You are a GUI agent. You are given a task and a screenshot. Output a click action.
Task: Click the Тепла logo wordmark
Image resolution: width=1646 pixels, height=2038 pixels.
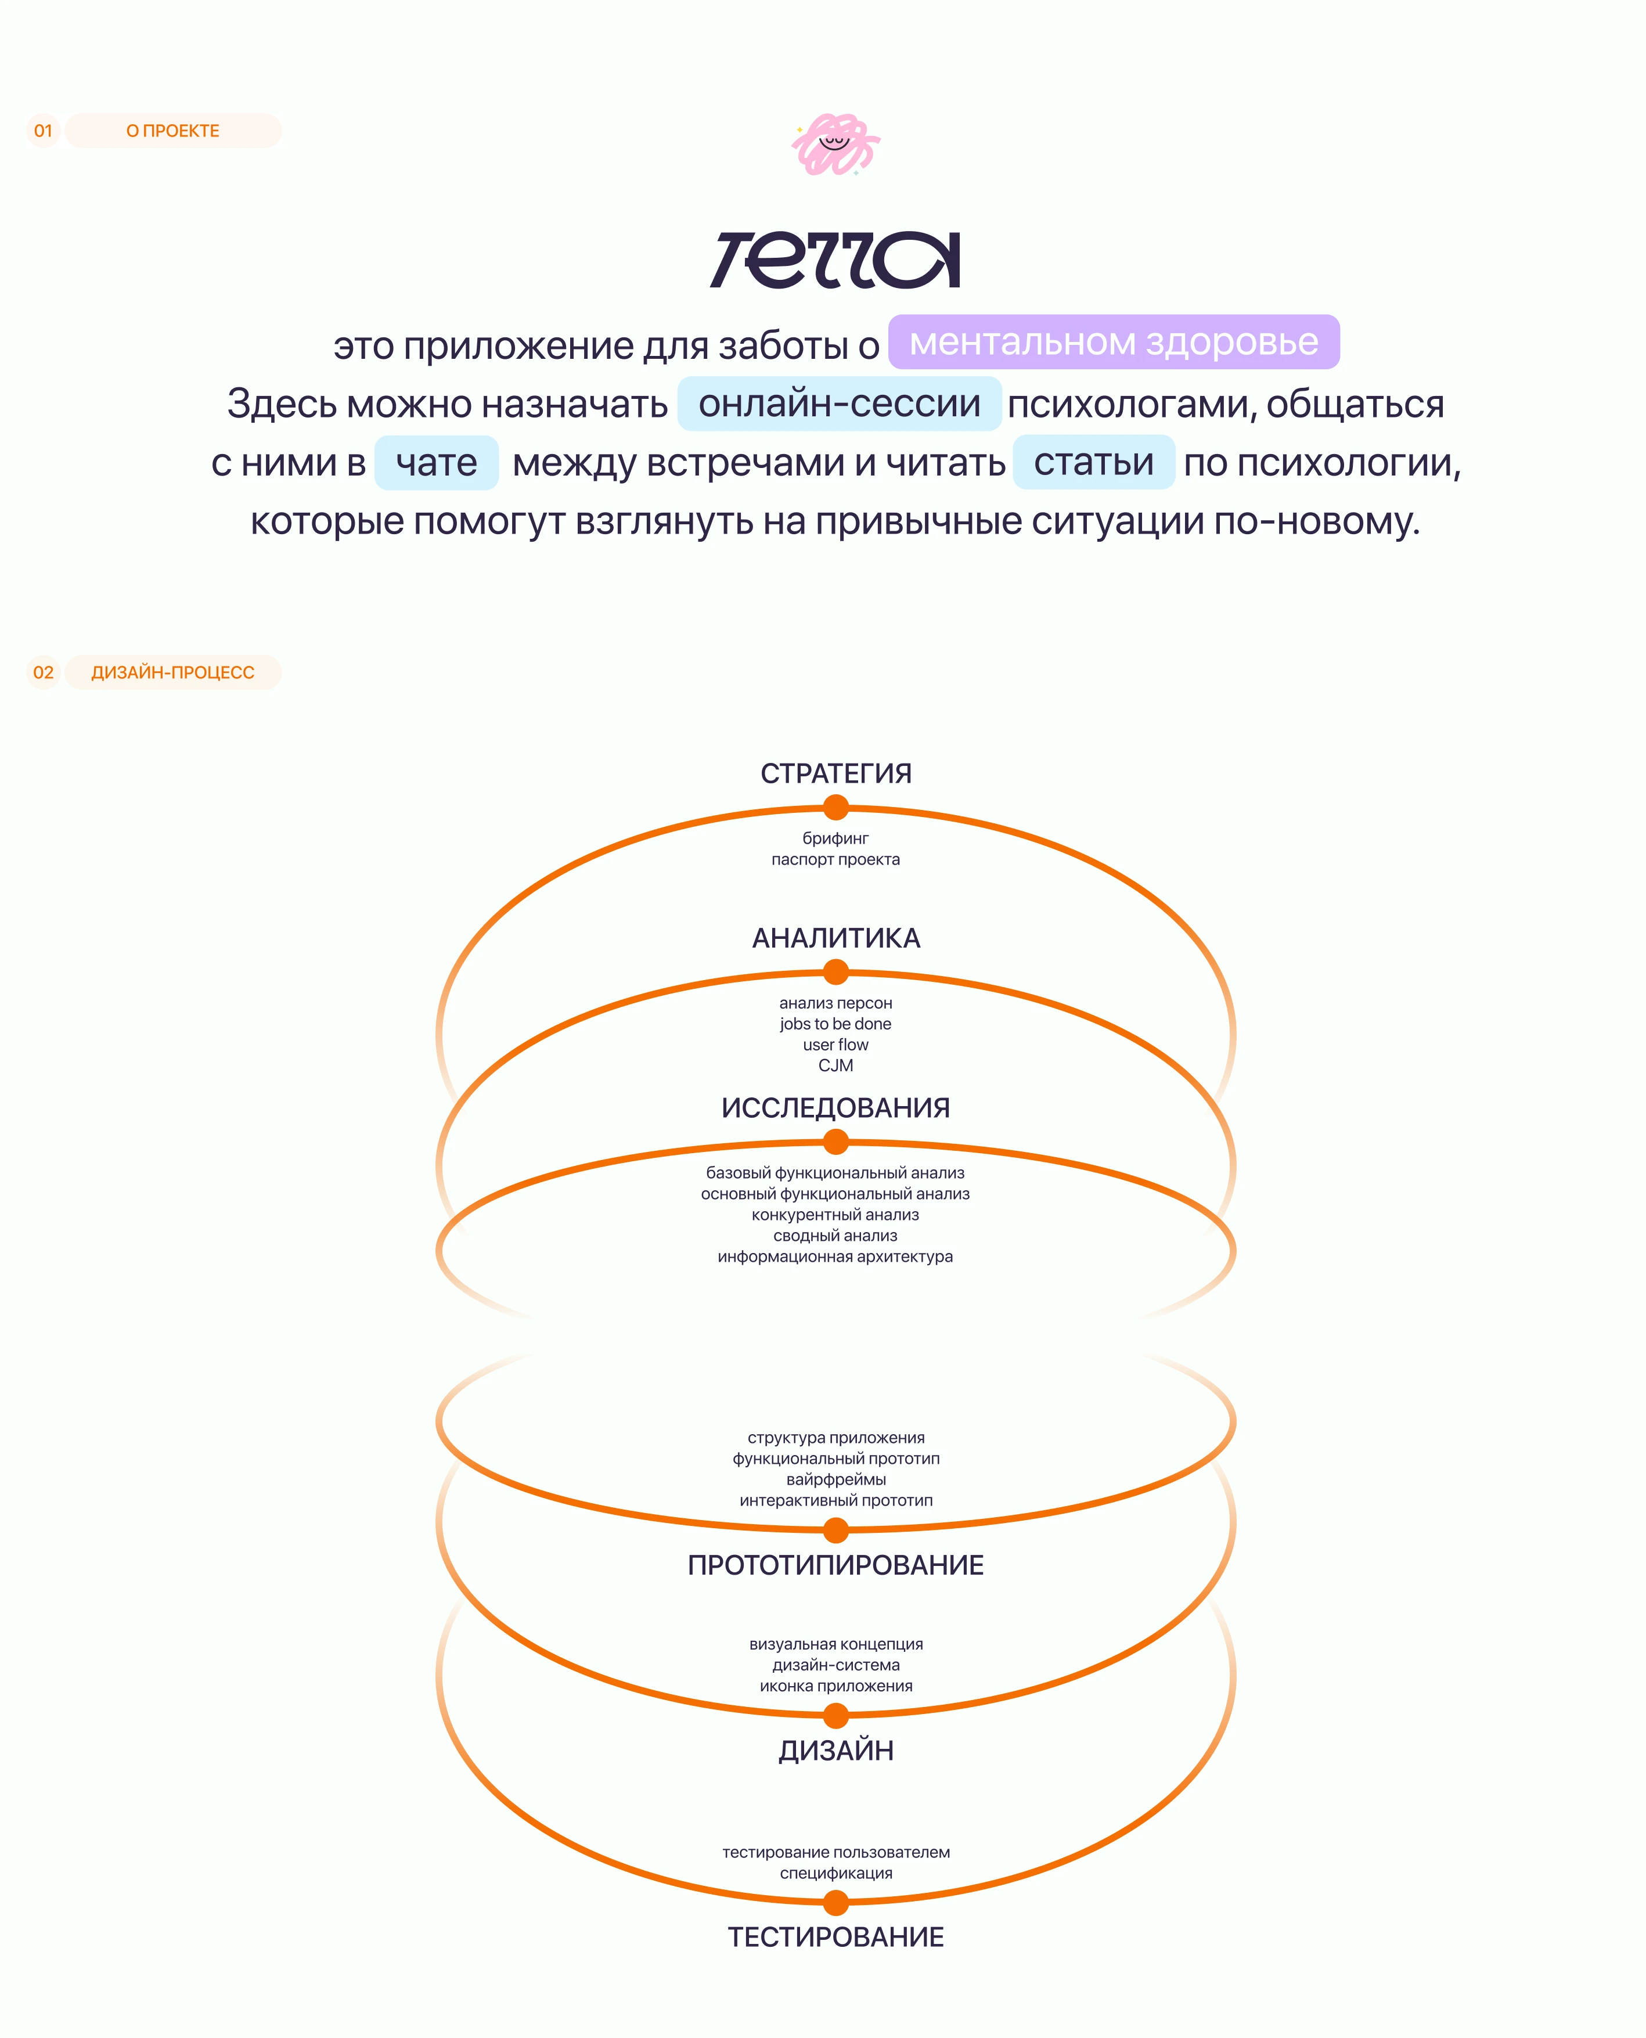click(835, 260)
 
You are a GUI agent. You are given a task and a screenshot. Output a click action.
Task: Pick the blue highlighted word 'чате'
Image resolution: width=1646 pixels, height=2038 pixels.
click(436, 463)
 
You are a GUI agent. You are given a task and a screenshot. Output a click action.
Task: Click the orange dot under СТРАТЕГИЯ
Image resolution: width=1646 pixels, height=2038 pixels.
click(835, 808)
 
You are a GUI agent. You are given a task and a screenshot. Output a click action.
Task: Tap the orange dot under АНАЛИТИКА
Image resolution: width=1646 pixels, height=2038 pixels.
click(835, 972)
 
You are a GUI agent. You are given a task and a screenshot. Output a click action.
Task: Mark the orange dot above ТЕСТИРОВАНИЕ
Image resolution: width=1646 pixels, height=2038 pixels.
click(835, 1902)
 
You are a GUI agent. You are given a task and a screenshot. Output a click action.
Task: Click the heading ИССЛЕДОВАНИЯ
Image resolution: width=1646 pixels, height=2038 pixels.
click(835, 1108)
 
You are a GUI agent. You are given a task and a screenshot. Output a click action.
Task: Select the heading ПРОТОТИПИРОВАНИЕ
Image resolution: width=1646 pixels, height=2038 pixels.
click(835, 1565)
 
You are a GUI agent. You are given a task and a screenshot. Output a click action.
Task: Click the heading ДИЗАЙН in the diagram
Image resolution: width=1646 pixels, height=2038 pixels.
click(835, 1751)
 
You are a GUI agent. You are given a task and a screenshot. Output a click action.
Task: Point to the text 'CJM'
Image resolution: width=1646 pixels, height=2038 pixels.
click(835, 1065)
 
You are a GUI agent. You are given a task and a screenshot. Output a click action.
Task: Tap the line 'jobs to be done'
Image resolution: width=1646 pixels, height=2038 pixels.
click(835, 1023)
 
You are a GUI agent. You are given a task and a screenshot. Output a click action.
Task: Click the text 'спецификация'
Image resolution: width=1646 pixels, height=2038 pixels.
click(835, 1873)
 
